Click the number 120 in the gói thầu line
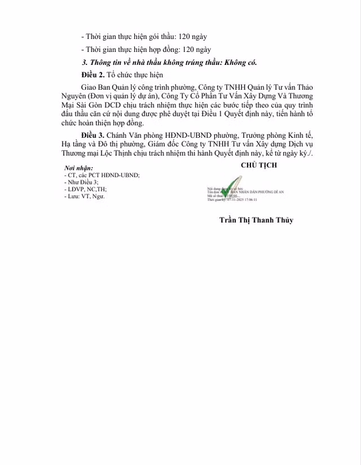coord(186,37)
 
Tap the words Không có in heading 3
coord(240,62)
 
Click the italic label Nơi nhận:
coord(78,169)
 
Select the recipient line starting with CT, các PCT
coord(102,176)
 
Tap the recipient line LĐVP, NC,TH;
coord(86,189)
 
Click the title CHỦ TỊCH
coord(259,165)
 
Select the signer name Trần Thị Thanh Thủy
coord(257,220)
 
